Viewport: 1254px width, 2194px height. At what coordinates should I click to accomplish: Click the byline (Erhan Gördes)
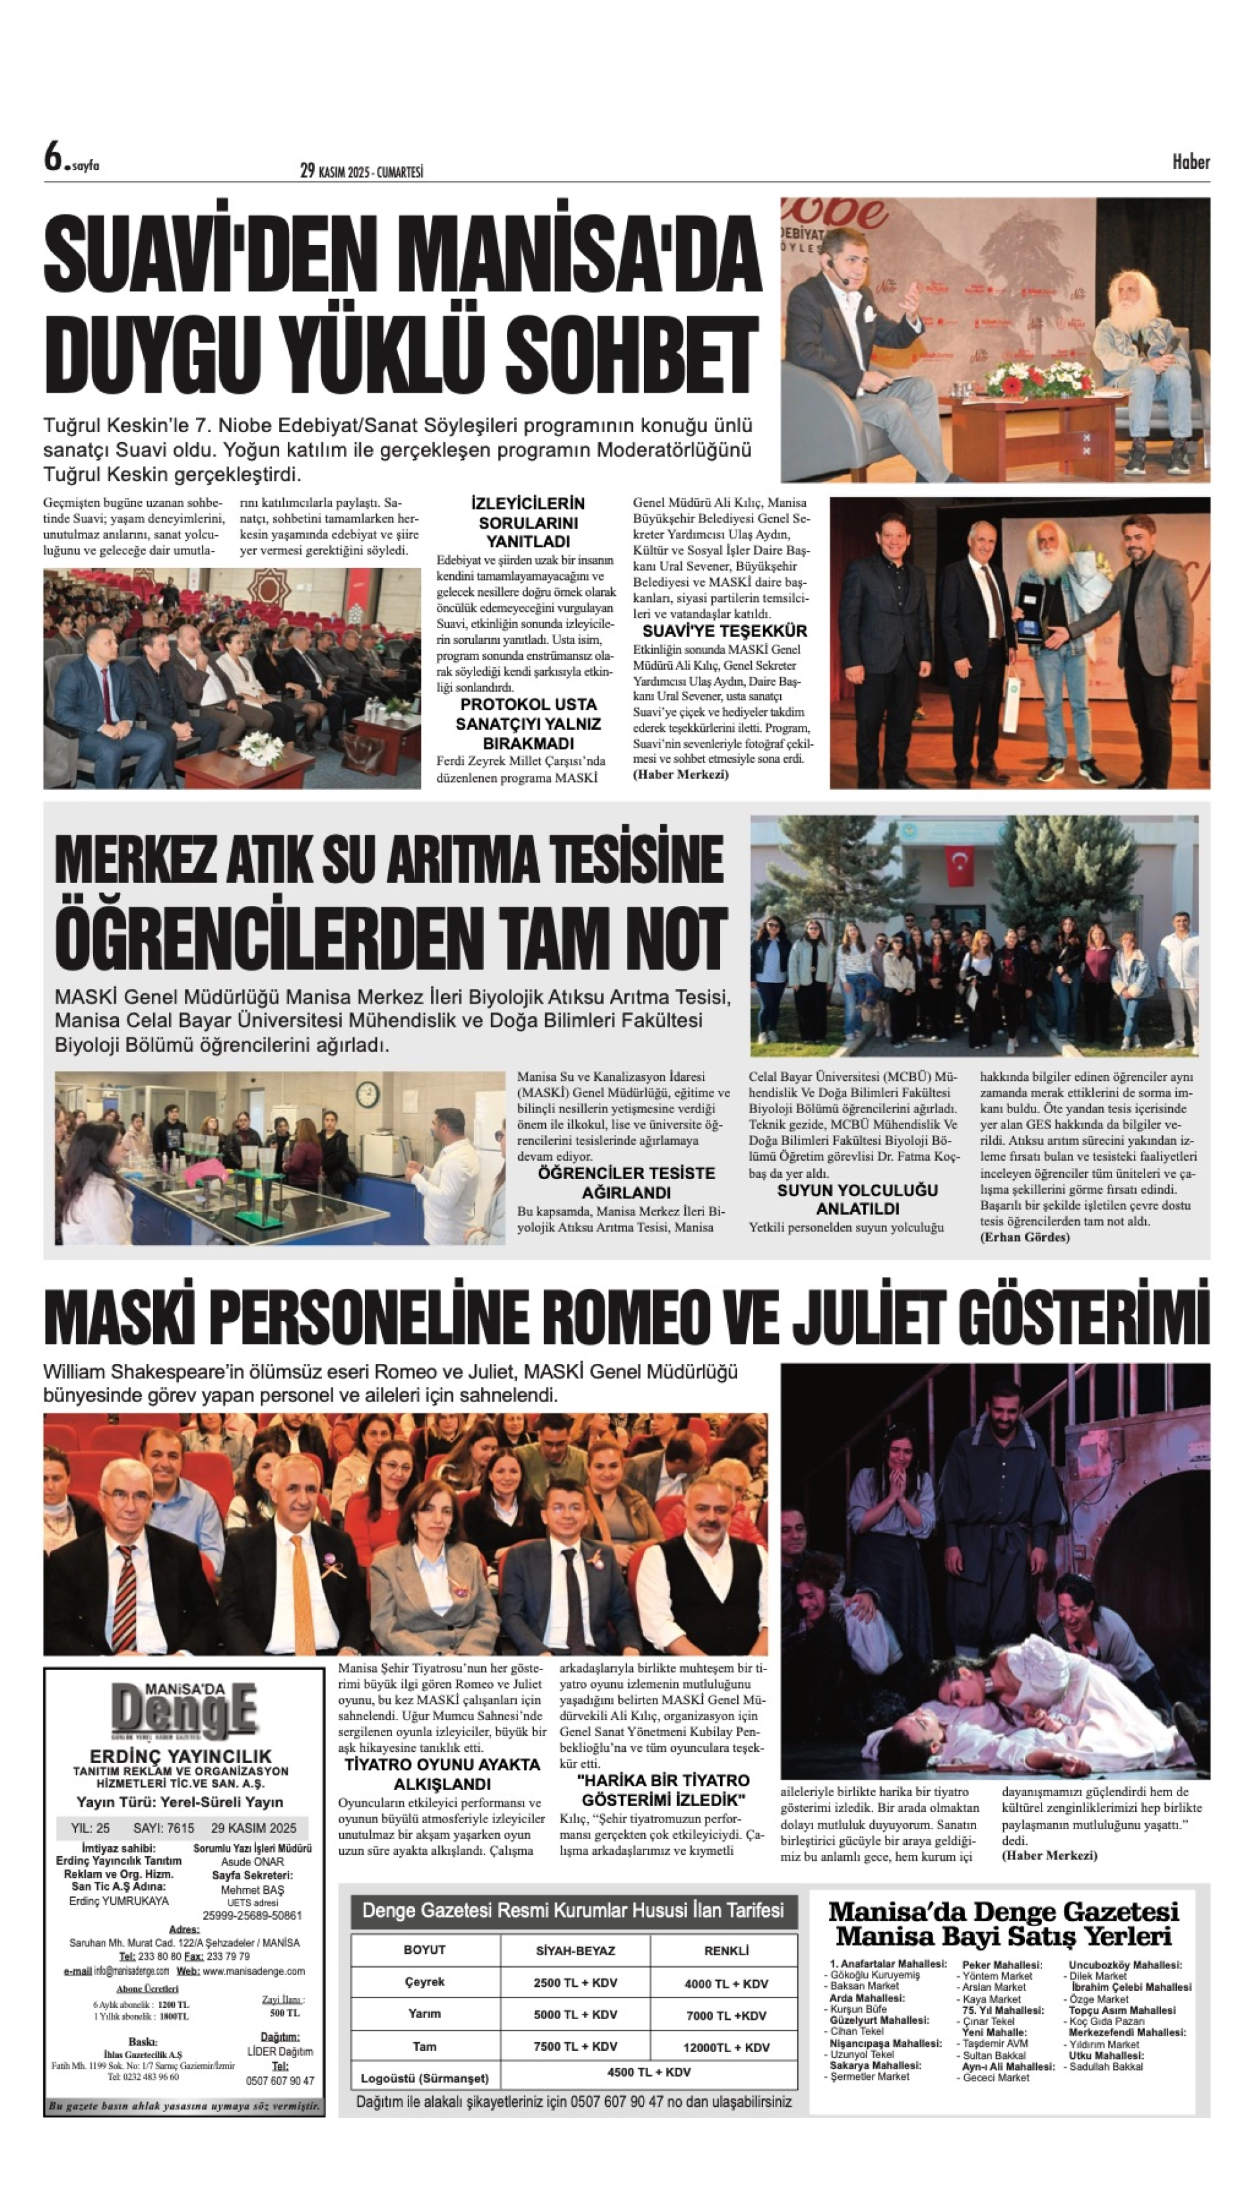(1025, 1237)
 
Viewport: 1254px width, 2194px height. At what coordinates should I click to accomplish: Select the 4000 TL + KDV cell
(725, 1984)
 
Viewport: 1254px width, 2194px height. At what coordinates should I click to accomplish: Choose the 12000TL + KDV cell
(726, 2047)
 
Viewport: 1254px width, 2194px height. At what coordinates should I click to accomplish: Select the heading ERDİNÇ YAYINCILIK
(181, 1756)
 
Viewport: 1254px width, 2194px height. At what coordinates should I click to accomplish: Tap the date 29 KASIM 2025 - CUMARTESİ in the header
(362, 172)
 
